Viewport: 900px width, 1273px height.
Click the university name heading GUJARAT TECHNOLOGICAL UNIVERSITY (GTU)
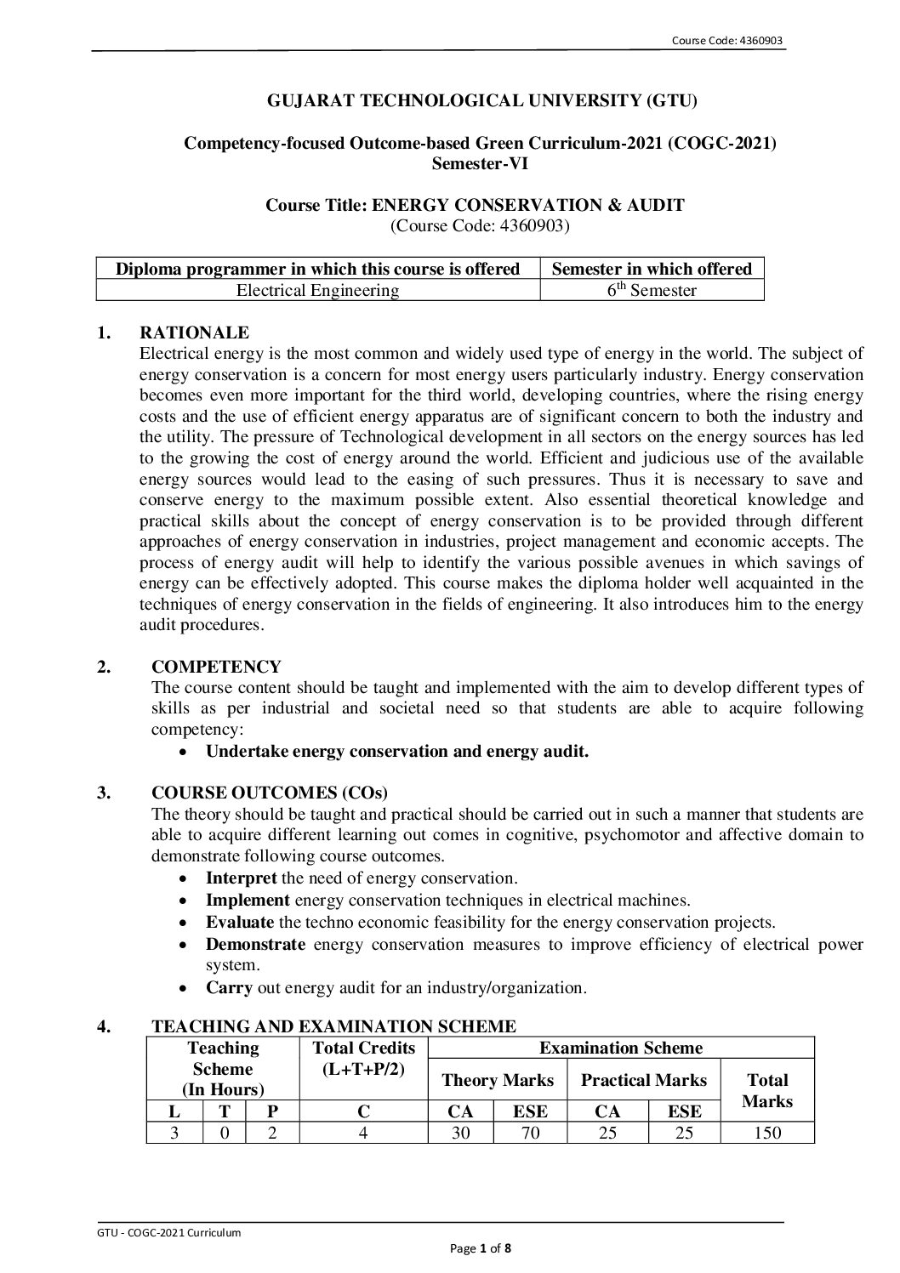click(x=481, y=101)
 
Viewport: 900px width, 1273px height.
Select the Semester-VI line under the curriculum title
click(x=480, y=164)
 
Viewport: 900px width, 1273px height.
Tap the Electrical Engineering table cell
click(x=317, y=291)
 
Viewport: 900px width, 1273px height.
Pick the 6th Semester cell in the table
click(x=652, y=291)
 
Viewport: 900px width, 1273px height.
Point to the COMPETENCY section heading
click(x=216, y=667)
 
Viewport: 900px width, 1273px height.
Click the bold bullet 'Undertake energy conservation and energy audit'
click(x=397, y=751)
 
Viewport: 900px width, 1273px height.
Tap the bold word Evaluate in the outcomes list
click(x=240, y=922)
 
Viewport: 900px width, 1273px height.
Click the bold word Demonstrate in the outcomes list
click(x=255, y=944)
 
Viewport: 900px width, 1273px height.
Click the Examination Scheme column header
click(x=621, y=1048)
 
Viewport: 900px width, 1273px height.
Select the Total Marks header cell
click(x=767, y=1090)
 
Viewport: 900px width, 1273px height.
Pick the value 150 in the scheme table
click(x=767, y=1133)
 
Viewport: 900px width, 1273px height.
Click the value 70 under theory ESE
click(x=530, y=1133)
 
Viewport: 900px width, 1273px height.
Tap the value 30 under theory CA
click(x=460, y=1133)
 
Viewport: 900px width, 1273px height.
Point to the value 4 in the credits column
click(x=363, y=1133)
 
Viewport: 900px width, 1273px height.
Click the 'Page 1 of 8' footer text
click(x=481, y=1248)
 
